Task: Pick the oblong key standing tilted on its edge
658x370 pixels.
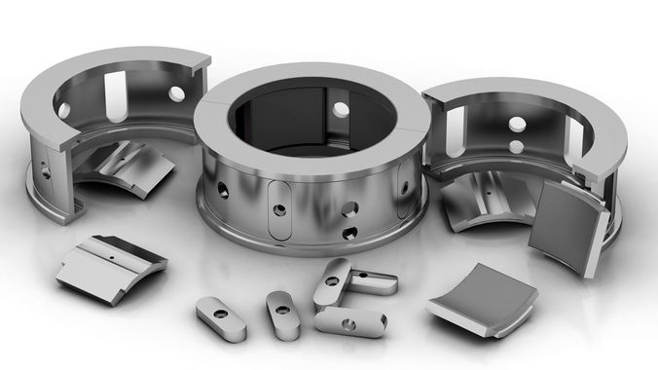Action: click(331, 282)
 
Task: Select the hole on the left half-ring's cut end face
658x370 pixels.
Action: click(46, 167)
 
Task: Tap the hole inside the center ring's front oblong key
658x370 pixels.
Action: click(279, 207)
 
